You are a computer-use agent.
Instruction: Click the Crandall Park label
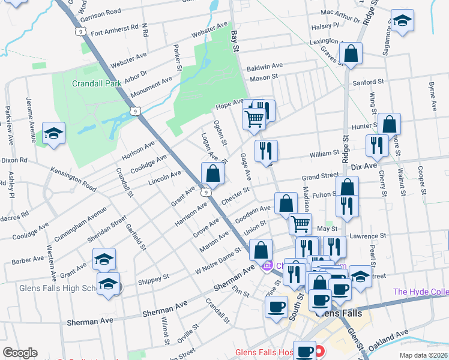[x=97, y=83]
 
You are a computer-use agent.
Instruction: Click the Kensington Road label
[x=73, y=179]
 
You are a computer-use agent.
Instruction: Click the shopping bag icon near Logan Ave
[x=213, y=174]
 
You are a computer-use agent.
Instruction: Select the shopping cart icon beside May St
[x=300, y=224]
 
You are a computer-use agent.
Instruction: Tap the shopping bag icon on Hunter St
[x=389, y=125]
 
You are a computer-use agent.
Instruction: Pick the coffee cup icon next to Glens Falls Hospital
[x=305, y=351]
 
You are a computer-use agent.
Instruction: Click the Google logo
[x=20, y=353]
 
